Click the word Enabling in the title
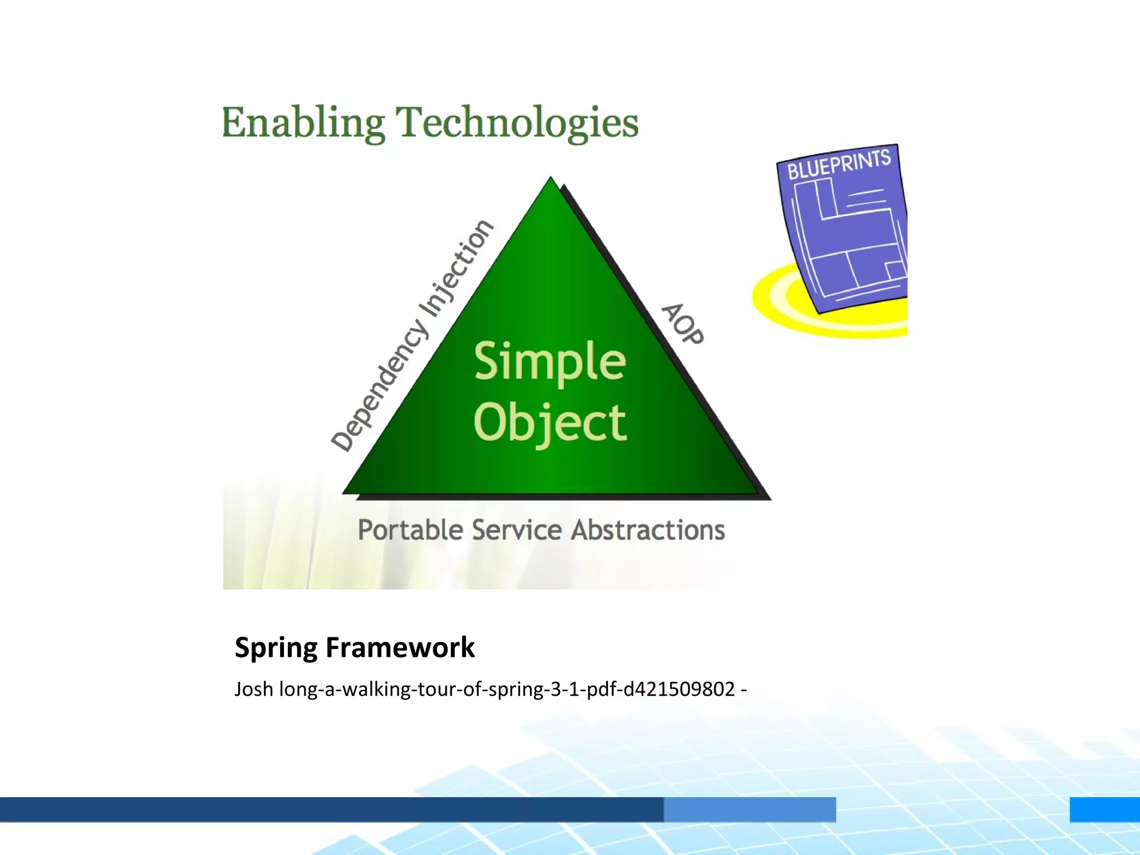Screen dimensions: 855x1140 tap(303, 123)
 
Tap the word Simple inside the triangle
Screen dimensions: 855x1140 tap(550, 361)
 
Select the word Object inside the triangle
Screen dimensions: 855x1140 tap(550, 422)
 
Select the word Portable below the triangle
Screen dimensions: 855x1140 tap(410, 530)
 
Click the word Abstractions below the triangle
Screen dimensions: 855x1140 tap(648, 530)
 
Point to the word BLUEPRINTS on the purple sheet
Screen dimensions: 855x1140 tap(838, 164)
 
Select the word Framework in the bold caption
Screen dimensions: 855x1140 tap(400, 648)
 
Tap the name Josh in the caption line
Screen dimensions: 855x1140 tap(253, 690)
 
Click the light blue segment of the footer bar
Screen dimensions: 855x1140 tap(749, 809)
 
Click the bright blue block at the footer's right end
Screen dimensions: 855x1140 tap(1104, 809)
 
